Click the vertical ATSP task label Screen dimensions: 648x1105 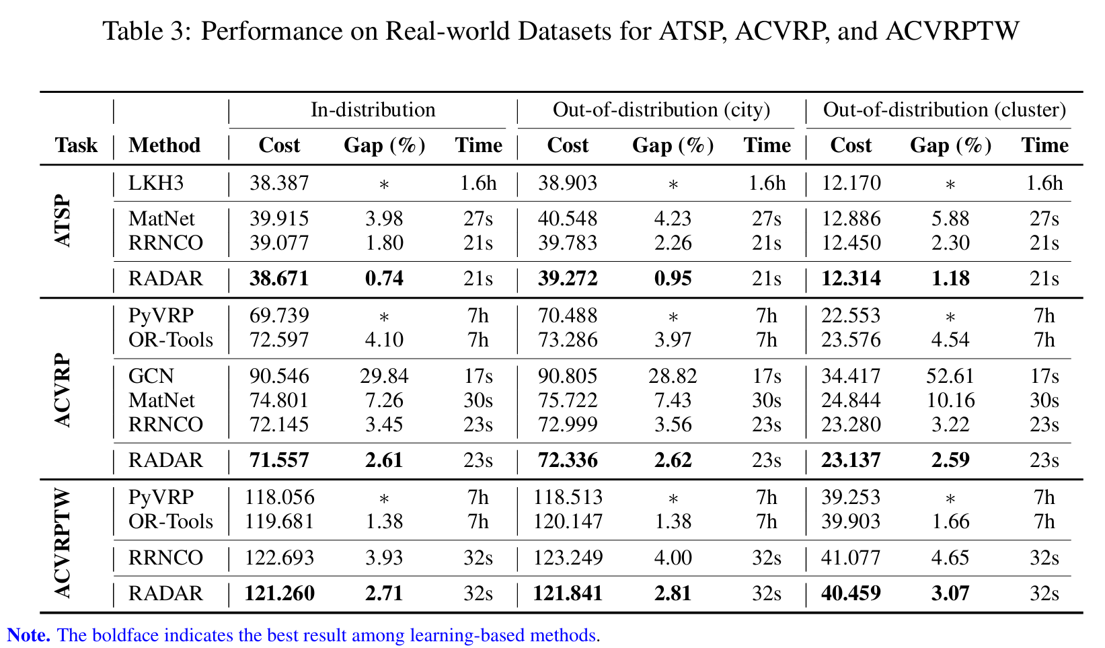[x=62, y=222]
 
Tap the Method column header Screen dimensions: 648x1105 [x=164, y=145]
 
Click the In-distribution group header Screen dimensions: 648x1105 [x=373, y=110]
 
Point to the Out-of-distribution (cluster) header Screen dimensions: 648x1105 [x=944, y=110]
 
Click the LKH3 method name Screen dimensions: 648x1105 [x=156, y=183]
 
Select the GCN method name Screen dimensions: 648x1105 [x=151, y=375]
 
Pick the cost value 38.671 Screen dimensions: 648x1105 [x=279, y=279]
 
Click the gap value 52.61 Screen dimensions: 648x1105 [x=950, y=375]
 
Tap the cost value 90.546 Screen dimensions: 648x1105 [x=279, y=375]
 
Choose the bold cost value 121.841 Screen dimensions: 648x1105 [x=568, y=593]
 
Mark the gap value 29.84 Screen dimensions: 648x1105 [x=384, y=375]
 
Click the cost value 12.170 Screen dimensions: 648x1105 [x=851, y=183]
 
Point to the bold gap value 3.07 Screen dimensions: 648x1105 [x=950, y=593]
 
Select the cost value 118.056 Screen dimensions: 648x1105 [x=279, y=497]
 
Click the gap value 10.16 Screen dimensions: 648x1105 [x=950, y=400]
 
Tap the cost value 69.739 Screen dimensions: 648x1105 [x=279, y=316]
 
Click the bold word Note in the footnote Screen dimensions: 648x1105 [x=28, y=635]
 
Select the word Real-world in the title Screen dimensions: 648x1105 [x=459, y=31]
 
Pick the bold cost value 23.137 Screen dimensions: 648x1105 [x=851, y=460]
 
